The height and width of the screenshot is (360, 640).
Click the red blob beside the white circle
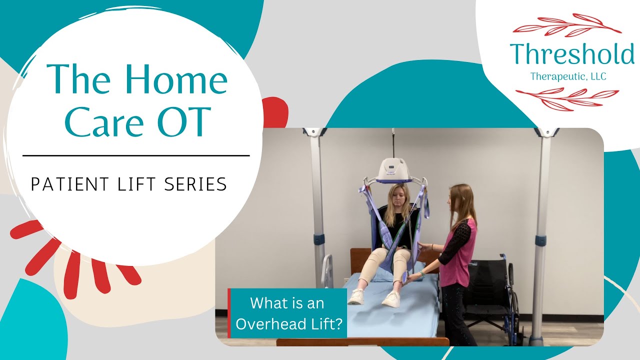tap(275, 112)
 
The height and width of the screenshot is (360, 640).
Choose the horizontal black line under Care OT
tap(136, 155)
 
